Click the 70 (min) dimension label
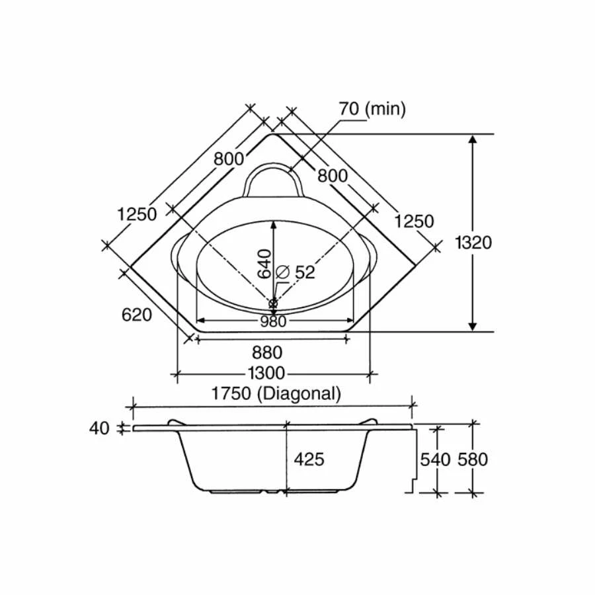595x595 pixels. (372, 108)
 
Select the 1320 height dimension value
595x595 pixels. (473, 242)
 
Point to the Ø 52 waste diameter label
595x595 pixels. (295, 272)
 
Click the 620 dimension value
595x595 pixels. (137, 315)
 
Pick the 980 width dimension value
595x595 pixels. (273, 321)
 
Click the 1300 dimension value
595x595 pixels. (266, 374)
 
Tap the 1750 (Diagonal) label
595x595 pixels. (276, 393)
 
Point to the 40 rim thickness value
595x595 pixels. (99, 428)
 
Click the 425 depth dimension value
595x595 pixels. (309, 459)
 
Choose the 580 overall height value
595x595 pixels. (472, 459)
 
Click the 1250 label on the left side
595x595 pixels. (137, 214)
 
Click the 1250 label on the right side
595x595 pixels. (415, 221)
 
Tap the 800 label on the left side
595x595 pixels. (228, 159)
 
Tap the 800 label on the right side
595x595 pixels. (332, 175)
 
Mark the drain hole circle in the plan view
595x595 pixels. (273, 303)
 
